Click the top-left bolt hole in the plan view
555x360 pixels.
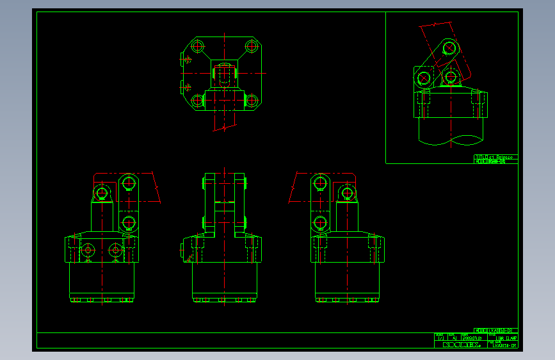(197, 46)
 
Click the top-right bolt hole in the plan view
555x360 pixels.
(252, 46)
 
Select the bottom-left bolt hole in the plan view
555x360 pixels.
(197, 100)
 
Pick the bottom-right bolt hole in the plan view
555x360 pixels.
(252, 100)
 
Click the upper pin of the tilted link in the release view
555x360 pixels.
(449, 47)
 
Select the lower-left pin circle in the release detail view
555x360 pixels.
(423, 78)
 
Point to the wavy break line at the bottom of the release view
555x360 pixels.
(452, 140)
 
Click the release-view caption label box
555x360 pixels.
(495, 159)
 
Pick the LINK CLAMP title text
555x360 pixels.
(506, 338)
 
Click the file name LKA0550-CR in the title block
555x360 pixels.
(504, 345)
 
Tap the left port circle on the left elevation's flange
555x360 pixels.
(88, 249)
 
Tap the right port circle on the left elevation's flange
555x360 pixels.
(115, 249)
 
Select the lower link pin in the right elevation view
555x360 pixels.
(320, 224)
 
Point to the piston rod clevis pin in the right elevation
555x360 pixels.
(347, 193)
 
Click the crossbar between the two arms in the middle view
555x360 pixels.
(224, 204)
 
